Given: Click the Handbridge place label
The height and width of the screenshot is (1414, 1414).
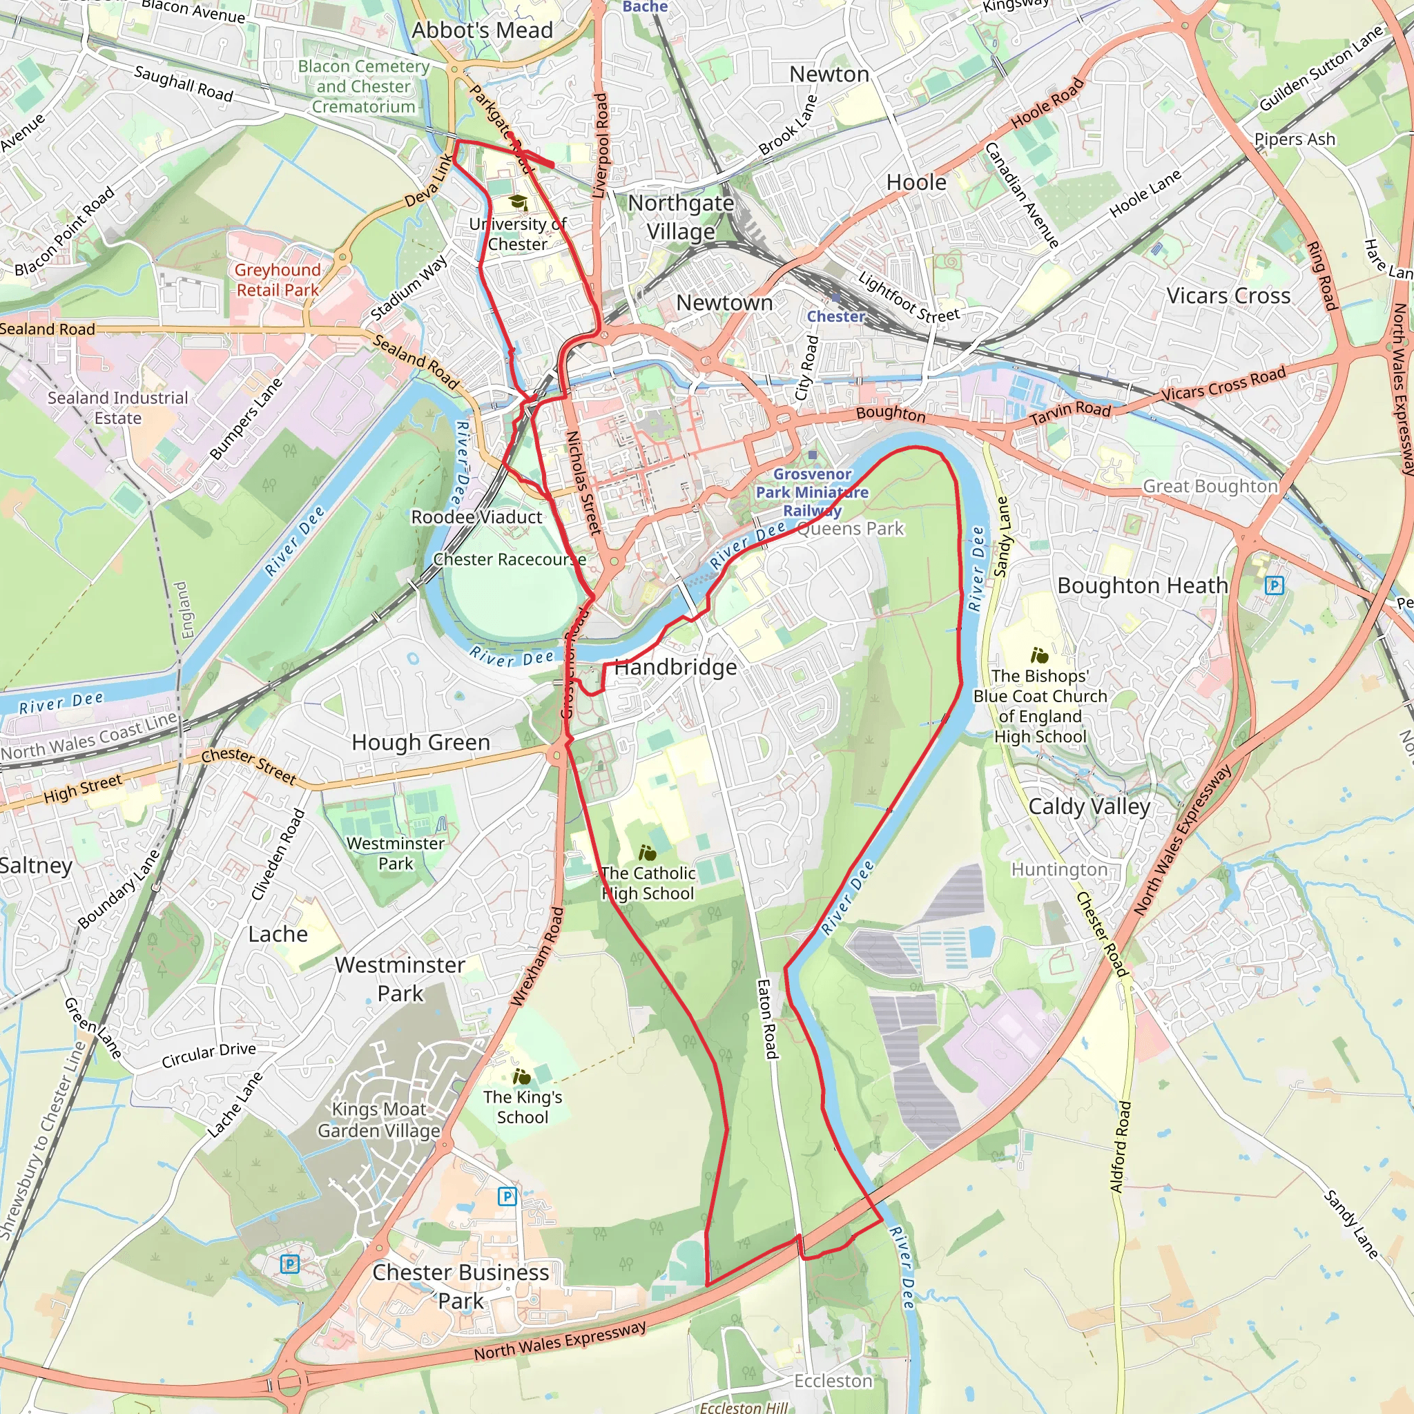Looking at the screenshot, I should (675, 668).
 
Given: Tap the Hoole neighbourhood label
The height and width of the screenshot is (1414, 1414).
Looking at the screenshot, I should (916, 182).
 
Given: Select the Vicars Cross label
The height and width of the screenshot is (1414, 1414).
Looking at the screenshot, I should (1228, 296).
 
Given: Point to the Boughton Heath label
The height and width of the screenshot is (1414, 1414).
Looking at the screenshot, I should (1143, 585).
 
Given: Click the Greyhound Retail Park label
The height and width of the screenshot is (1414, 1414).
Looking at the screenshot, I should (278, 280).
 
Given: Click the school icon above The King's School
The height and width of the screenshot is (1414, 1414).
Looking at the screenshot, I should (521, 1076).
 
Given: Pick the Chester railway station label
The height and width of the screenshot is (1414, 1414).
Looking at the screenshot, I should (836, 316).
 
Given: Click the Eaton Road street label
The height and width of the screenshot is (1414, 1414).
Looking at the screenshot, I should (766, 1020).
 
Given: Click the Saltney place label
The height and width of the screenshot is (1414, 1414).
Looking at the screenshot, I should (35, 866).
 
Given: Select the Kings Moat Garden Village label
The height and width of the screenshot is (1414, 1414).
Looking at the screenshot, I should (378, 1120).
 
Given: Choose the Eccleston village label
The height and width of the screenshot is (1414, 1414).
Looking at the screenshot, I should (833, 1381).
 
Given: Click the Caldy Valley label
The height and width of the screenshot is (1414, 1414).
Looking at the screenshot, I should (1089, 806).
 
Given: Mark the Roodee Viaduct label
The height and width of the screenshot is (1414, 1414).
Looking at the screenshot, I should (476, 517).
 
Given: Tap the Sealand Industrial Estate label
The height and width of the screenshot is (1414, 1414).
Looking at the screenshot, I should (118, 407).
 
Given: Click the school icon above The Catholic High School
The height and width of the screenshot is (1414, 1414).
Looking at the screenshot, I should (647, 853).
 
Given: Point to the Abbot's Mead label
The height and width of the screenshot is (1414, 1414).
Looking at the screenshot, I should (483, 31).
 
